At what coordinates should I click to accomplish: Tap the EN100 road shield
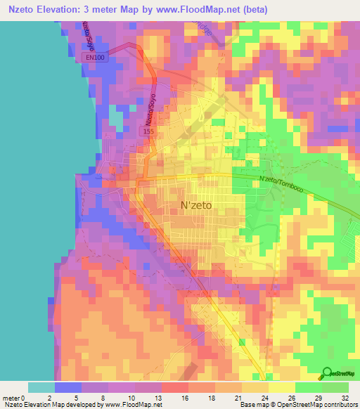98,58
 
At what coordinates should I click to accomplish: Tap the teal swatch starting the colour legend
41,387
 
